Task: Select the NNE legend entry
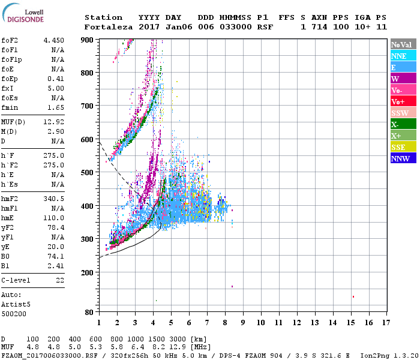[399, 56]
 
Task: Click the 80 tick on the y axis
[90, 312]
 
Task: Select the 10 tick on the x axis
[260, 322]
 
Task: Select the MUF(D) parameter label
[14, 122]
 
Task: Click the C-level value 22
[60, 280]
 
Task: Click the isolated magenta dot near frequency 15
[353, 296]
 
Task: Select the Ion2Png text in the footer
[374, 355]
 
